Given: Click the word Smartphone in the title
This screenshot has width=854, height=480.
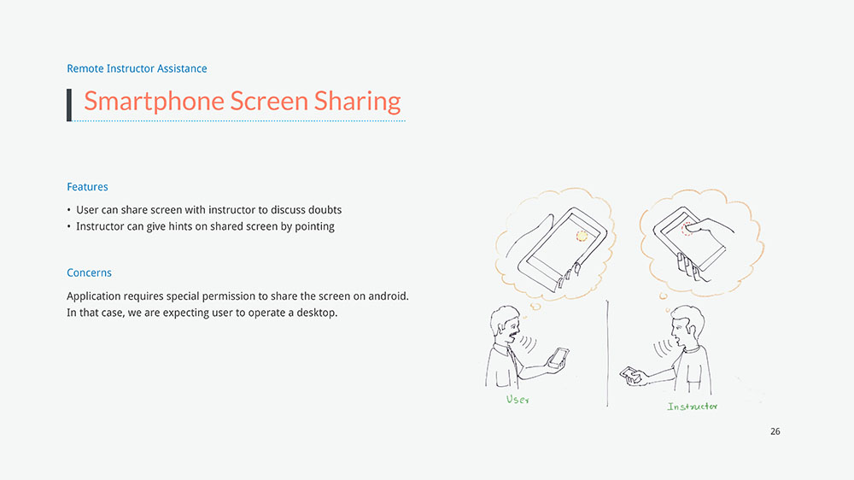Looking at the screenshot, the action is pos(154,102).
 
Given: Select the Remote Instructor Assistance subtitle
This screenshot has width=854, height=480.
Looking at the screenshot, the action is pos(137,68).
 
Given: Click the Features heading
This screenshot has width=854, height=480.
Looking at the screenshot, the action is pos(87,187).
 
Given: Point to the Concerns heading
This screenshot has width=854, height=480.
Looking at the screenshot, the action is pos(89,272).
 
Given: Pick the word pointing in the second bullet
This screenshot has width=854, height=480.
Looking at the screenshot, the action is pos(314,226).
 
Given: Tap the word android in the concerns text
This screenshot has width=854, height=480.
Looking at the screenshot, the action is pos(388,296).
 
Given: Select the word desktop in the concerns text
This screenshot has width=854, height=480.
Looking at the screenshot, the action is pos(317,313).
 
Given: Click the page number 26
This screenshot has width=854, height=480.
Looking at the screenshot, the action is pos(775,431).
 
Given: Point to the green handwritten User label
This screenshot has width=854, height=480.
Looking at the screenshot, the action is pos(518,400).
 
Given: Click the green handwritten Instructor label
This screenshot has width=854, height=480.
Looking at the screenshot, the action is pos(693,407).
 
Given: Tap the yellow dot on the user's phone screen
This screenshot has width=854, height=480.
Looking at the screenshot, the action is pos(582,236).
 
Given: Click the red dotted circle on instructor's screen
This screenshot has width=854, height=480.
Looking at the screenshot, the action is pos(687,228).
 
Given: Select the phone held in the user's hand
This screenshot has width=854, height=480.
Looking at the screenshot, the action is pos(559,358).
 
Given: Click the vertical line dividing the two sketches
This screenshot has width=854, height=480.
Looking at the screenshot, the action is pos(607,353).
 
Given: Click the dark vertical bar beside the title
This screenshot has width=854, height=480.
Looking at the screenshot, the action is pos(69,104).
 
